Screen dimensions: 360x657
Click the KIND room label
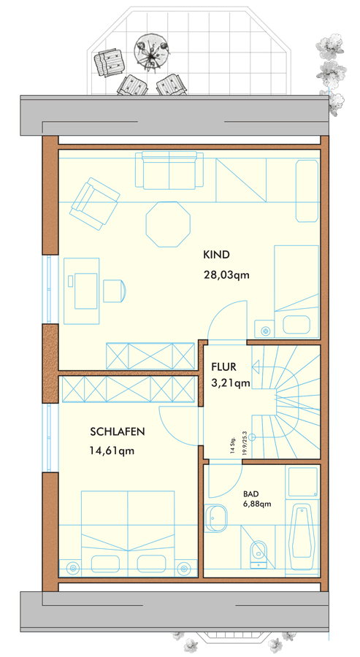pyautogui.click(x=217, y=255)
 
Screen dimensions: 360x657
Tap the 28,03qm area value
pyautogui.click(x=226, y=275)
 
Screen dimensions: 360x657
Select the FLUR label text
pyautogui.click(x=223, y=367)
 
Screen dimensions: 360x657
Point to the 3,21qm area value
pyautogui.click(x=231, y=383)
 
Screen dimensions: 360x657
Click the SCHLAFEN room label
pyautogui.click(x=118, y=431)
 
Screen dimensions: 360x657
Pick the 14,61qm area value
pyautogui.click(x=112, y=451)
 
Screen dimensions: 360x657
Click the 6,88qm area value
pyautogui.click(x=257, y=504)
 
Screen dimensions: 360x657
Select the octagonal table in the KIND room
pyautogui.click(x=168, y=224)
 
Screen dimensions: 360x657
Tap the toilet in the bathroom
pyautogui.click(x=258, y=554)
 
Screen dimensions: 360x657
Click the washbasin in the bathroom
pyautogui.click(x=216, y=518)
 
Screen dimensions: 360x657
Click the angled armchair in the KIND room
pyautogui.click(x=95, y=204)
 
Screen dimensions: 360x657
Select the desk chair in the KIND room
pyautogui.click(x=115, y=291)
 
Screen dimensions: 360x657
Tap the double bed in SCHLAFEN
pyautogui.click(x=128, y=534)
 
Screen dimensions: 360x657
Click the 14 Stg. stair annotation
pyautogui.click(x=233, y=445)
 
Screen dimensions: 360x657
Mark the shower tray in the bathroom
pyautogui.click(x=302, y=482)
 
